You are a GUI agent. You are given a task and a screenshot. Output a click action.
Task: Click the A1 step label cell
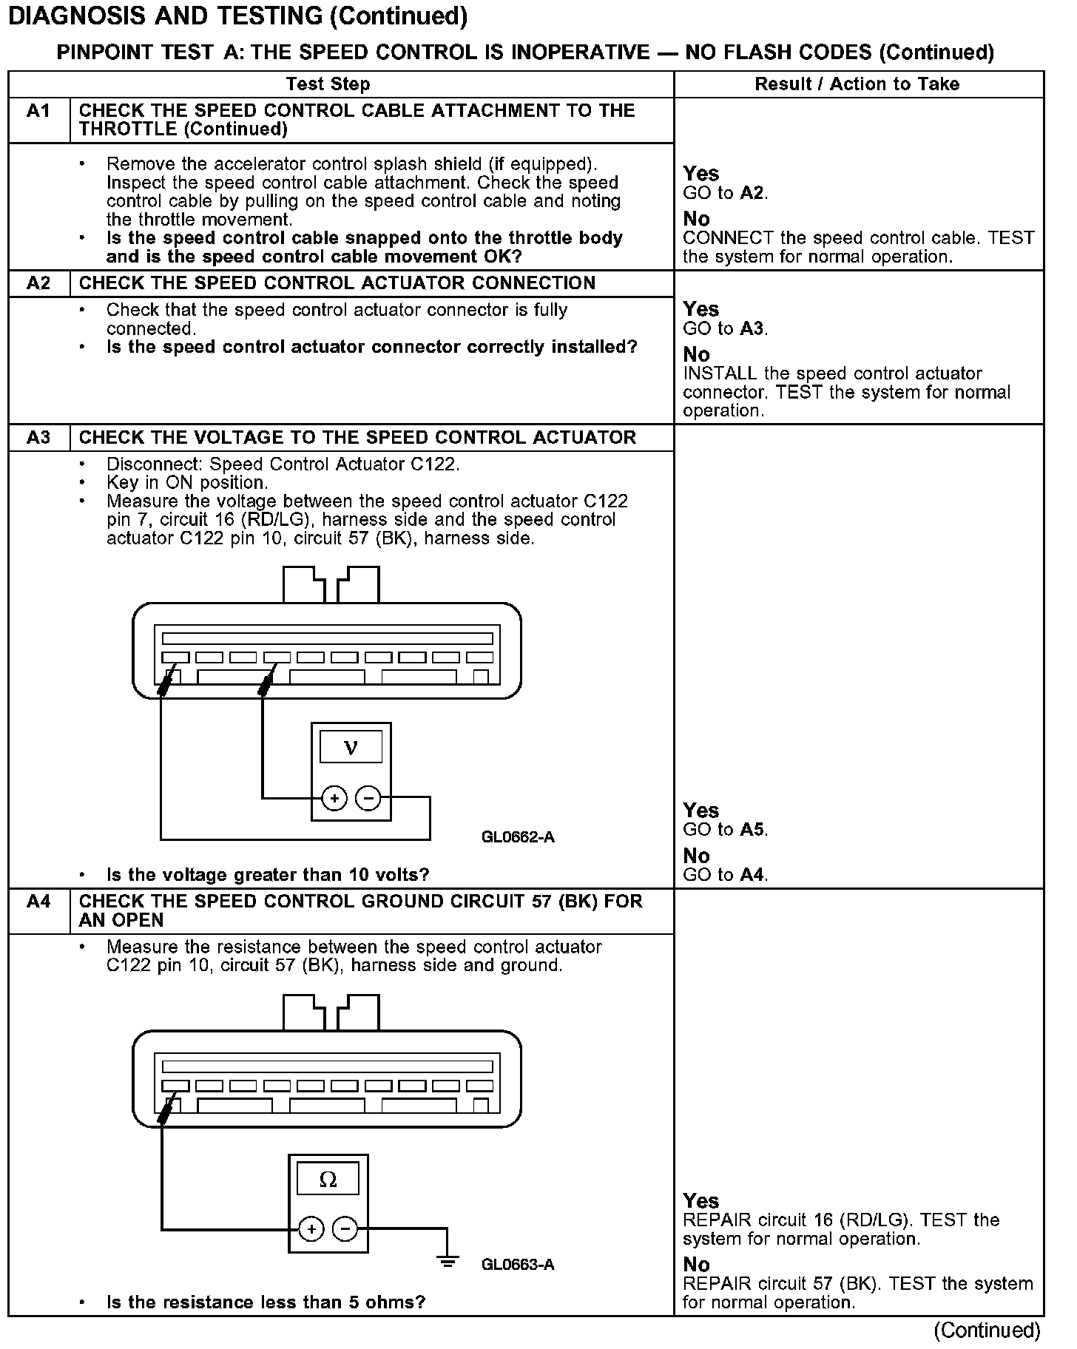(38, 111)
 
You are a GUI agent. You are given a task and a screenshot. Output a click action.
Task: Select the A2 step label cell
(38, 283)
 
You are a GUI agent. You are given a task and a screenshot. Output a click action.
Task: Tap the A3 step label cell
(38, 438)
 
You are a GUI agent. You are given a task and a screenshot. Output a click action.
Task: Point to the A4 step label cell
(38, 902)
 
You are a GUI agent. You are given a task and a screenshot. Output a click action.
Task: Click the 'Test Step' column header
(328, 84)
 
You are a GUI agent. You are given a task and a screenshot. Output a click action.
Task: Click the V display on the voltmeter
(351, 748)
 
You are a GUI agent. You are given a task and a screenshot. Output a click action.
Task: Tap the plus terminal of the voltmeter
(334, 798)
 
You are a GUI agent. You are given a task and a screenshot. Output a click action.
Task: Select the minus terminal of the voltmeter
(368, 798)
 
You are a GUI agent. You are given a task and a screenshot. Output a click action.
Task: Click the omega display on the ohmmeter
(328, 1180)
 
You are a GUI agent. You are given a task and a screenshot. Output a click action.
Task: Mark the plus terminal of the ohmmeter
(311, 1230)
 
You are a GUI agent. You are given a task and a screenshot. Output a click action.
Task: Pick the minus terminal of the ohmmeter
(345, 1230)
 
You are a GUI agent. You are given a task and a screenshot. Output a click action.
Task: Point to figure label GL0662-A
(518, 837)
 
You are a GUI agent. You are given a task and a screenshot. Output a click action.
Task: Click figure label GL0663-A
(518, 1265)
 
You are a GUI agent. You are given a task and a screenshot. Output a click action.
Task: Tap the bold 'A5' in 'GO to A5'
(752, 830)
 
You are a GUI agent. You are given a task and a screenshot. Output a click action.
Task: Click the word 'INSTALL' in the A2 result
(720, 373)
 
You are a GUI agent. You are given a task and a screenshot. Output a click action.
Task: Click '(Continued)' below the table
(987, 1331)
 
